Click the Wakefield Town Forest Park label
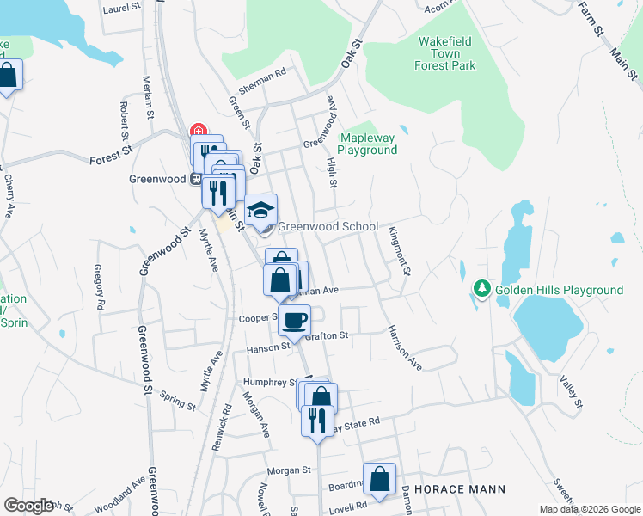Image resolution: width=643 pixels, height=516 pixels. point(445,52)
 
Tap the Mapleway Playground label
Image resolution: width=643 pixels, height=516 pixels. point(367,144)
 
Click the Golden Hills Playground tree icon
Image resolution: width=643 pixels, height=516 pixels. point(482,289)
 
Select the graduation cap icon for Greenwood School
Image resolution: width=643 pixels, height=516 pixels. point(261,210)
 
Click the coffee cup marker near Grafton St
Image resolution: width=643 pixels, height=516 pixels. point(296,321)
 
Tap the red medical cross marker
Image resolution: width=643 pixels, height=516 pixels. point(199,131)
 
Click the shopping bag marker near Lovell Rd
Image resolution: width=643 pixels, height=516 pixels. point(378,479)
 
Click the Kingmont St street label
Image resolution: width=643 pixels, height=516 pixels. point(400,250)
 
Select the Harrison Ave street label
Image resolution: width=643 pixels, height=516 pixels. point(403,347)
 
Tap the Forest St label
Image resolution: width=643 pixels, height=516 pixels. point(109,158)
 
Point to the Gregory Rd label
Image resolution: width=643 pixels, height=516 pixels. point(100,287)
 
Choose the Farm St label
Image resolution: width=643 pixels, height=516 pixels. point(589,15)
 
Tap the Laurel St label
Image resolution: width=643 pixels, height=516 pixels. point(121,8)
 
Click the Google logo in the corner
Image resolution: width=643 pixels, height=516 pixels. point(28,505)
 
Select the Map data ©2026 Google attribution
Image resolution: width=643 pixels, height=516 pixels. point(589,509)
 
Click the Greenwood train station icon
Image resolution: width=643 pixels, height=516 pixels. point(196,180)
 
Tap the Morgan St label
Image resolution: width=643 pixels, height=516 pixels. point(288,470)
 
